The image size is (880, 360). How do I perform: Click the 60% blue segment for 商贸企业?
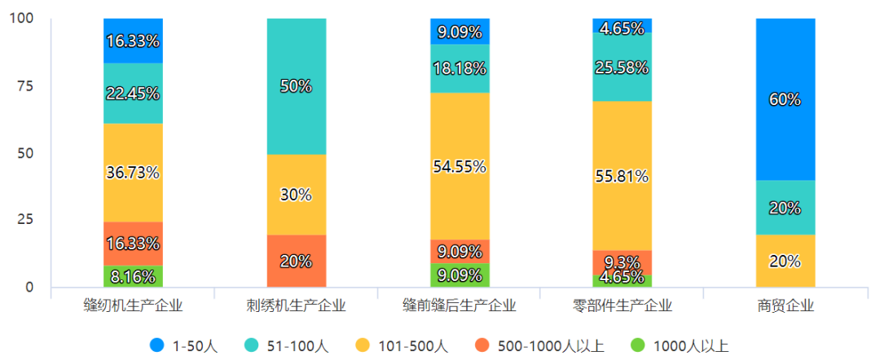[785, 99]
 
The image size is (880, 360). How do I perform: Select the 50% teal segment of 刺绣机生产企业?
[297, 86]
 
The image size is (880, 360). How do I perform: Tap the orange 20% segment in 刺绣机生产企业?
[297, 261]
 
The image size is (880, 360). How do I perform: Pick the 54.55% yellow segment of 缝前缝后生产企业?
[460, 167]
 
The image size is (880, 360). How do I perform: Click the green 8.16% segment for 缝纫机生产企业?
[134, 277]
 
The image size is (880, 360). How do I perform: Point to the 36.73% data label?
[134, 173]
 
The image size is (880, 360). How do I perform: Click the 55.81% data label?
[623, 176]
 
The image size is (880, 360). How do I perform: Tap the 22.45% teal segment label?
[134, 93]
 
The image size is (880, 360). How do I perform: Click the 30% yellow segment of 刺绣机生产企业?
[297, 195]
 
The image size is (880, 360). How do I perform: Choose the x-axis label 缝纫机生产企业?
[134, 307]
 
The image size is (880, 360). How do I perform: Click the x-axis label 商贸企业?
[785, 307]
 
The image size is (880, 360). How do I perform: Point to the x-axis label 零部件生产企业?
[623, 307]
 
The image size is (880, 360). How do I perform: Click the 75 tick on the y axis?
[26, 86]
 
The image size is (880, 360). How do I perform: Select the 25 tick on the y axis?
[26, 220]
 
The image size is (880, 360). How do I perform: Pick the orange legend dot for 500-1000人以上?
[484, 346]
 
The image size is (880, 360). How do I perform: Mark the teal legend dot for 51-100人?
[251, 346]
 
